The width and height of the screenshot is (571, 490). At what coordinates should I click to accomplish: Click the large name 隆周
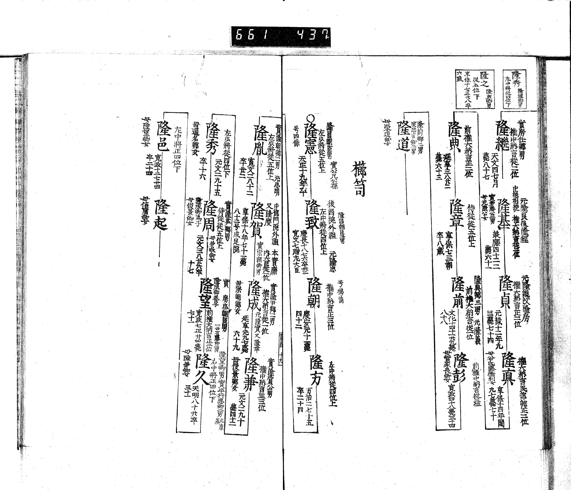209,216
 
